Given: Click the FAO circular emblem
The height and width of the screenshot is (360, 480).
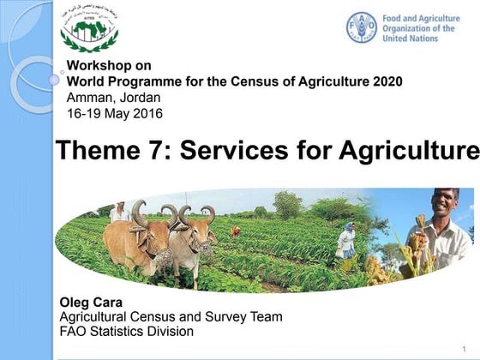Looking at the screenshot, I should tap(361, 27).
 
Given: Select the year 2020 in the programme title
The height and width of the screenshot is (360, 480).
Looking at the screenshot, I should tap(386, 81).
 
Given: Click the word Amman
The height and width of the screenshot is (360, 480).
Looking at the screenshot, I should tap(89, 98).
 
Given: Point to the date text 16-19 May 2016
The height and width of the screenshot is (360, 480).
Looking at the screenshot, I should tap(114, 113).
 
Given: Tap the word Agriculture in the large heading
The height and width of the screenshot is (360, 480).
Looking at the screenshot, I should tap(409, 150).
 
